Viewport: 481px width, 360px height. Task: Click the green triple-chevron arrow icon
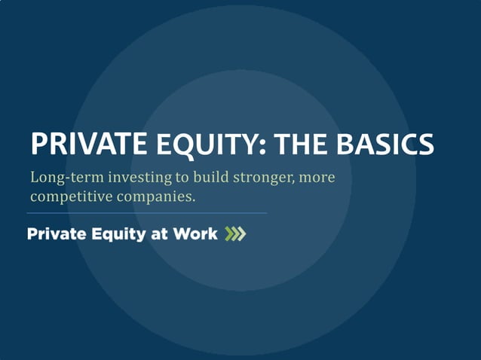coord(235,234)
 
